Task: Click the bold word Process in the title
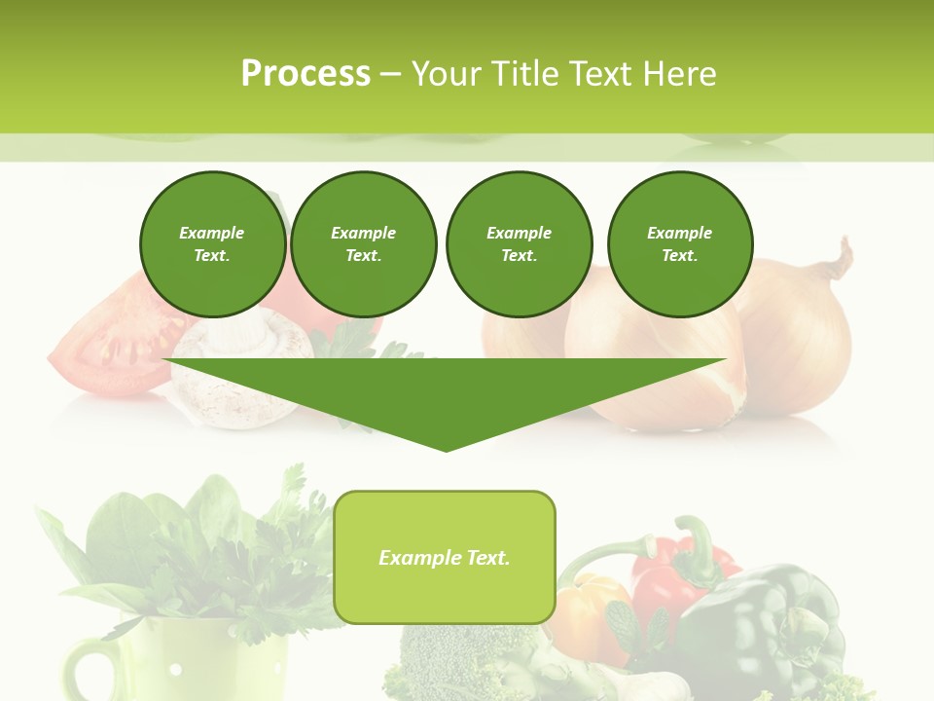click(305, 74)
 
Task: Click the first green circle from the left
click(212, 243)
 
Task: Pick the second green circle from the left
click(363, 243)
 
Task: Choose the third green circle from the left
click(519, 243)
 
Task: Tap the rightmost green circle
click(679, 243)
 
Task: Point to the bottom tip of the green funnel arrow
click(447, 449)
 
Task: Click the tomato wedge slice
click(107, 346)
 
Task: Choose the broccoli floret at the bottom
click(457, 662)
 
